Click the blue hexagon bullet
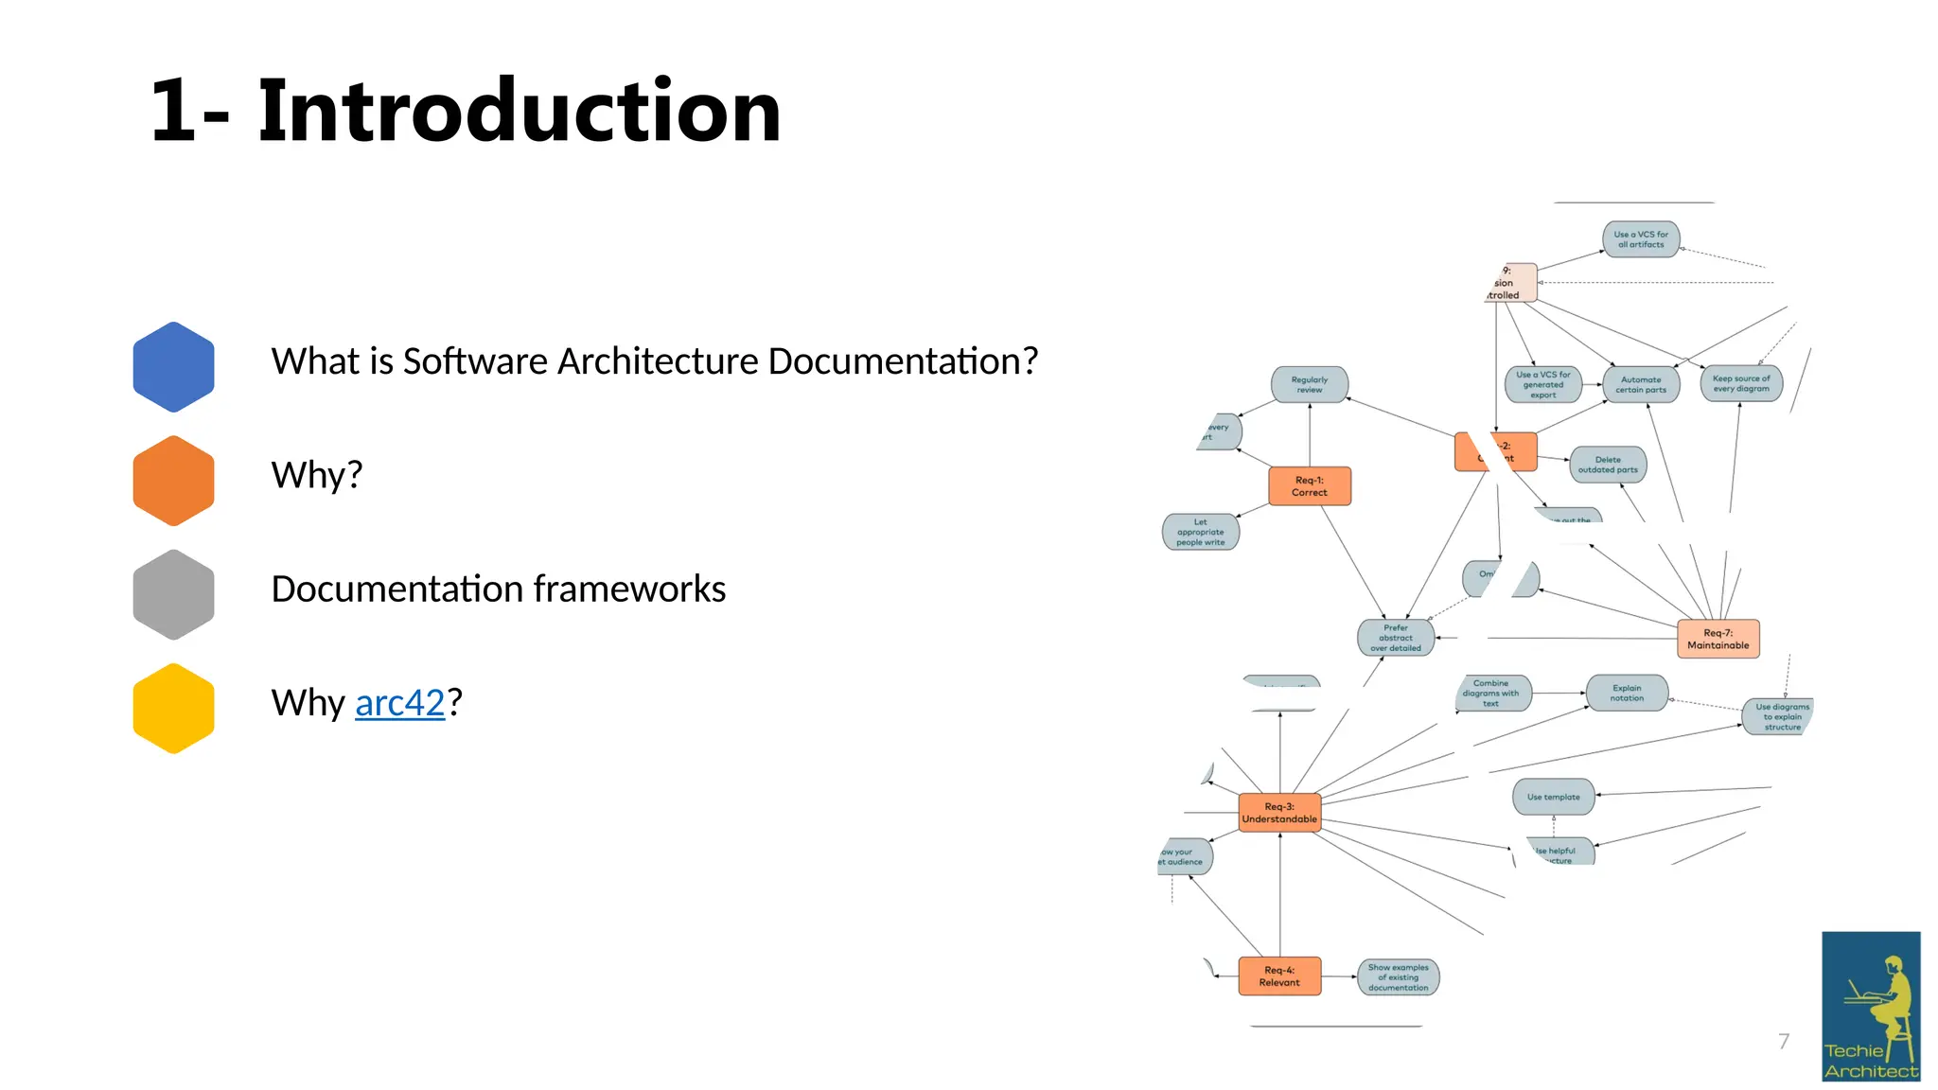pyautogui.click(x=173, y=366)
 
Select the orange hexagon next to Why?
pyautogui.click(x=173, y=480)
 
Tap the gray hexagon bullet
pyautogui.click(x=173, y=594)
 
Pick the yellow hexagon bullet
pyautogui.click(x=173, y=708)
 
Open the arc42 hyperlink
pyautogui.click(x=399, y=703)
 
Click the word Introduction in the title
pyautogui.click(x=519, y=111)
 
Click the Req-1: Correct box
pyautogui.click(x=1309, y=486)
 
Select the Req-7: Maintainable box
pyautogui.click(x=1718, y=639)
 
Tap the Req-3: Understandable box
pyautogui.click(x=1279, y=813)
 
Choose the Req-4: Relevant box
pyautogui.click(x=1279, y=976)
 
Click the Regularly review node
pyautogui.click(x=1309, y=384)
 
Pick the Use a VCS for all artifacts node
pyautogui.click(x=1641, y=239)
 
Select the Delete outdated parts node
pyautogui.click(x=1608, y=465)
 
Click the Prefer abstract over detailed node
pyautogui.click(x=1396, y=638)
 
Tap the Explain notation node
pyautogui.click(x=1627, y=693)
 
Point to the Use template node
pyautogui.click(x=1553, y=797)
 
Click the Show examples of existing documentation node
pyautogui.click(x=1398, y=977)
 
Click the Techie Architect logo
pyautogui.click(x=1871, y=1006)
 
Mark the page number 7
pyautogui.click(x=1784, y=1042)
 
